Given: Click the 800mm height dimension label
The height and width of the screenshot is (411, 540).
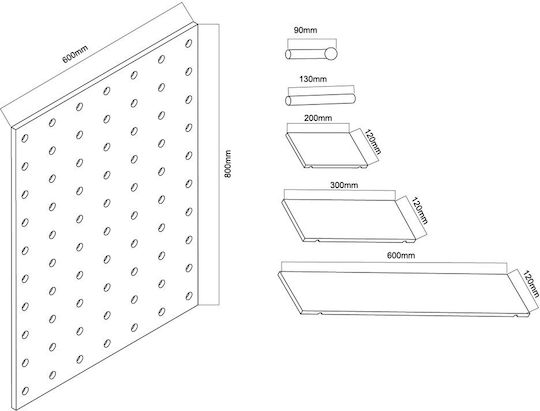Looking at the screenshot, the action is coord(228,164).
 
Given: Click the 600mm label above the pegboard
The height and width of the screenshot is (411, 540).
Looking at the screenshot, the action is coord(75,54).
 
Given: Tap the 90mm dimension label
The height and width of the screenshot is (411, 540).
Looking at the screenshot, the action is coord(305,30).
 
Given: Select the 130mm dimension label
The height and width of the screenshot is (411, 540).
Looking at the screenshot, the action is coord(313,79).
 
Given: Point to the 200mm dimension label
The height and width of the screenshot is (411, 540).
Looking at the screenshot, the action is coord(318,118).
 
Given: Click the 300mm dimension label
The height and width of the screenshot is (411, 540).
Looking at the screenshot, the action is coord(344,185).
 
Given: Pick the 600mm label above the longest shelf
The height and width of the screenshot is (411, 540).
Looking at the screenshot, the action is coord(401,256).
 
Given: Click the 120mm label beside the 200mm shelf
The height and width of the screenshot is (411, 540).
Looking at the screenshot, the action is coord(373,142).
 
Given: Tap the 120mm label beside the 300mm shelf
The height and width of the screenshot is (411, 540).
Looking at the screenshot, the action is coord(420,210).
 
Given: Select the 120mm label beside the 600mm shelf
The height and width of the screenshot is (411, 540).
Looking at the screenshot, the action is coord(531,284).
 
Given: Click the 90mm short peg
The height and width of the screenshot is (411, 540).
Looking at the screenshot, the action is coord(311,54).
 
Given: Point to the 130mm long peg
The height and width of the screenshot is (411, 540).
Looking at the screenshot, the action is coord(320,99).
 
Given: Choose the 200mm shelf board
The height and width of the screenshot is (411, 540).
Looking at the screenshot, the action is coord(327,150).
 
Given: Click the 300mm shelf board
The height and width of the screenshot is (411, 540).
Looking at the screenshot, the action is coord(349,220).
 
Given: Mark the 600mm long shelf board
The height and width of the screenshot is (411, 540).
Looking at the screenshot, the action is coord(404,293).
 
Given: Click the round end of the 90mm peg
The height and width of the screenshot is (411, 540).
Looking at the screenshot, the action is coord(330,53).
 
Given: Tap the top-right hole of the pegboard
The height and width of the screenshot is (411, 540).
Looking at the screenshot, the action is coord(188,43).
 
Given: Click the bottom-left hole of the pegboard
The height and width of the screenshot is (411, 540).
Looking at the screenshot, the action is coord(25,391).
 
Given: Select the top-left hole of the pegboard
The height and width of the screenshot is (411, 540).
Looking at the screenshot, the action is coord(25,138).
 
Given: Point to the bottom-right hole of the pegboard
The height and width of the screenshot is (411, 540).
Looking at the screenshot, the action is coord(189,296).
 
